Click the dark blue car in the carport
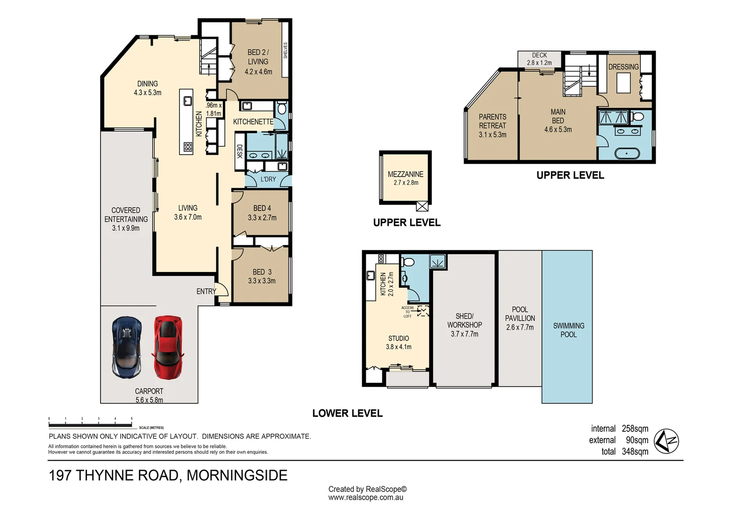(127, 347)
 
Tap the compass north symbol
(666, 440)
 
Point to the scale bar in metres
(90, 425)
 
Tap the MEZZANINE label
(405, 174)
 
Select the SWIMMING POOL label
(568, 330)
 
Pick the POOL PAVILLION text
(520, 314)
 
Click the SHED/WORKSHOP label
(464, 320)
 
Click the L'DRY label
(268, 179)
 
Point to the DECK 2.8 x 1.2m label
(539, 59)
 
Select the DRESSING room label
(623, 67)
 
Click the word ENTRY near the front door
(206, 291)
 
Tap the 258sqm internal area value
(635, 428)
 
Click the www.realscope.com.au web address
(365, 498)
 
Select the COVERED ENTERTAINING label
(126, 214)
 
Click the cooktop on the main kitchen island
(188, 147)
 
